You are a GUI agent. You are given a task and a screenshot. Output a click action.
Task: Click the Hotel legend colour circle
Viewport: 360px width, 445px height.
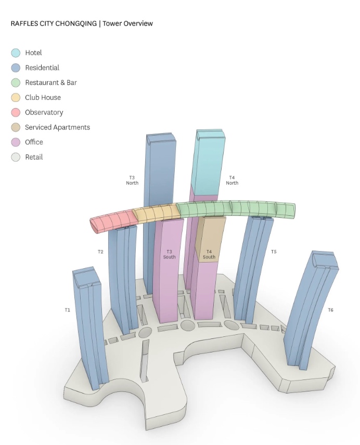tap(16, 53)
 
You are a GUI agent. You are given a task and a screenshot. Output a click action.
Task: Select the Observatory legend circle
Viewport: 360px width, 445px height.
tap(16, 112)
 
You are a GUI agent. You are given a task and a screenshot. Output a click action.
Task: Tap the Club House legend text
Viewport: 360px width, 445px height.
tap(43, 98)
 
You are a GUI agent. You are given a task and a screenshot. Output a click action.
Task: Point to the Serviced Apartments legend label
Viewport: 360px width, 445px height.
tap(57, 127)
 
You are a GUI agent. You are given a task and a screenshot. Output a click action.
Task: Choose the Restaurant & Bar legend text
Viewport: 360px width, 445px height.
tap(51, 83)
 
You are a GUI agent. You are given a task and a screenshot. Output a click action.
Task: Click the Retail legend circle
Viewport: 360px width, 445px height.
tap(16, 157)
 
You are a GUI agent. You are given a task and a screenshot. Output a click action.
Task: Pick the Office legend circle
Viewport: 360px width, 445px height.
tap(16, 142)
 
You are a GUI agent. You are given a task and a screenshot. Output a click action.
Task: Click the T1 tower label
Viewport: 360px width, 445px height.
tap(67, 310)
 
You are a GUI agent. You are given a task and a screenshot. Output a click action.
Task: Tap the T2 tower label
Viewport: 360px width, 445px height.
tap(100, 252)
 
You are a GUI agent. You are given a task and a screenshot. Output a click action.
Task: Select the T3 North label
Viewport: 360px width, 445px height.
tap(132, 180)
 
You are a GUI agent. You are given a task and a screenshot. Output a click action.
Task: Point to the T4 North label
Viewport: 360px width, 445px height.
tap(232, 180)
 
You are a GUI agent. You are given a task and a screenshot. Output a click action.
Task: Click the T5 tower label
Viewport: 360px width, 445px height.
tap(274, 252)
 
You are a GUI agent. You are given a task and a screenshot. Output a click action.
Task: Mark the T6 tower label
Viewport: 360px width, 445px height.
tap(330, 310)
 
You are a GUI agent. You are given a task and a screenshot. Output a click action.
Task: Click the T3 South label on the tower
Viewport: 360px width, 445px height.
tap(170, 254)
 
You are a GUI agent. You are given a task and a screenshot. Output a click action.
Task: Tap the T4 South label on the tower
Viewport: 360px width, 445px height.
tap(209, 254)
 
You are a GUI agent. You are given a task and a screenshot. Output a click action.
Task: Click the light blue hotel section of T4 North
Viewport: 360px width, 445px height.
tap(208, 161)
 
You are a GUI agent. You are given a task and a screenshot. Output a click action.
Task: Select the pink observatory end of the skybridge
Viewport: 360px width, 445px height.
tap(112, 220)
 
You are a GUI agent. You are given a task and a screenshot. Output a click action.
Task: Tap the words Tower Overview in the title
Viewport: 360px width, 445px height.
tap(127, 23)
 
